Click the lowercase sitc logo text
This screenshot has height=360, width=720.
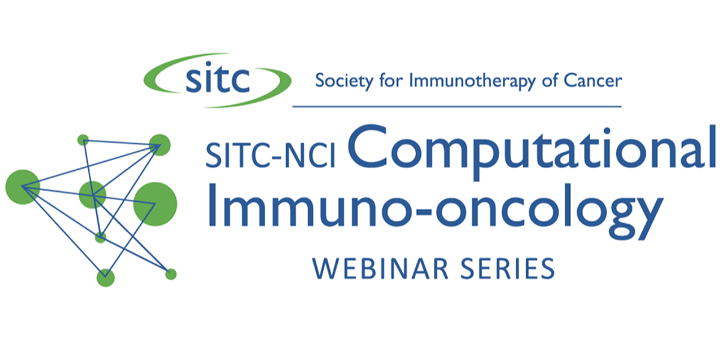tap(218, 78)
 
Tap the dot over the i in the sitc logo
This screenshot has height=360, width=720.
tap(209, 64)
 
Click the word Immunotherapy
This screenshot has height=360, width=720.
tap(472, 81)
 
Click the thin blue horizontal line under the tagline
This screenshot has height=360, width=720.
tap(457, 106)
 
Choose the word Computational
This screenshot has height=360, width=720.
tap(532, 151)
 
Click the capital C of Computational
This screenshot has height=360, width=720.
tap(367, 147)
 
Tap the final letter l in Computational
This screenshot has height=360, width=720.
tap(712, 146)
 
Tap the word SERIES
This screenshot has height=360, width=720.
tap(508, 268)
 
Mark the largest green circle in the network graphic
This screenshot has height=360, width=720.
tap(155, 204)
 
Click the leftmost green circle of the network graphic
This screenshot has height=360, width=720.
tap(23, 187)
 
